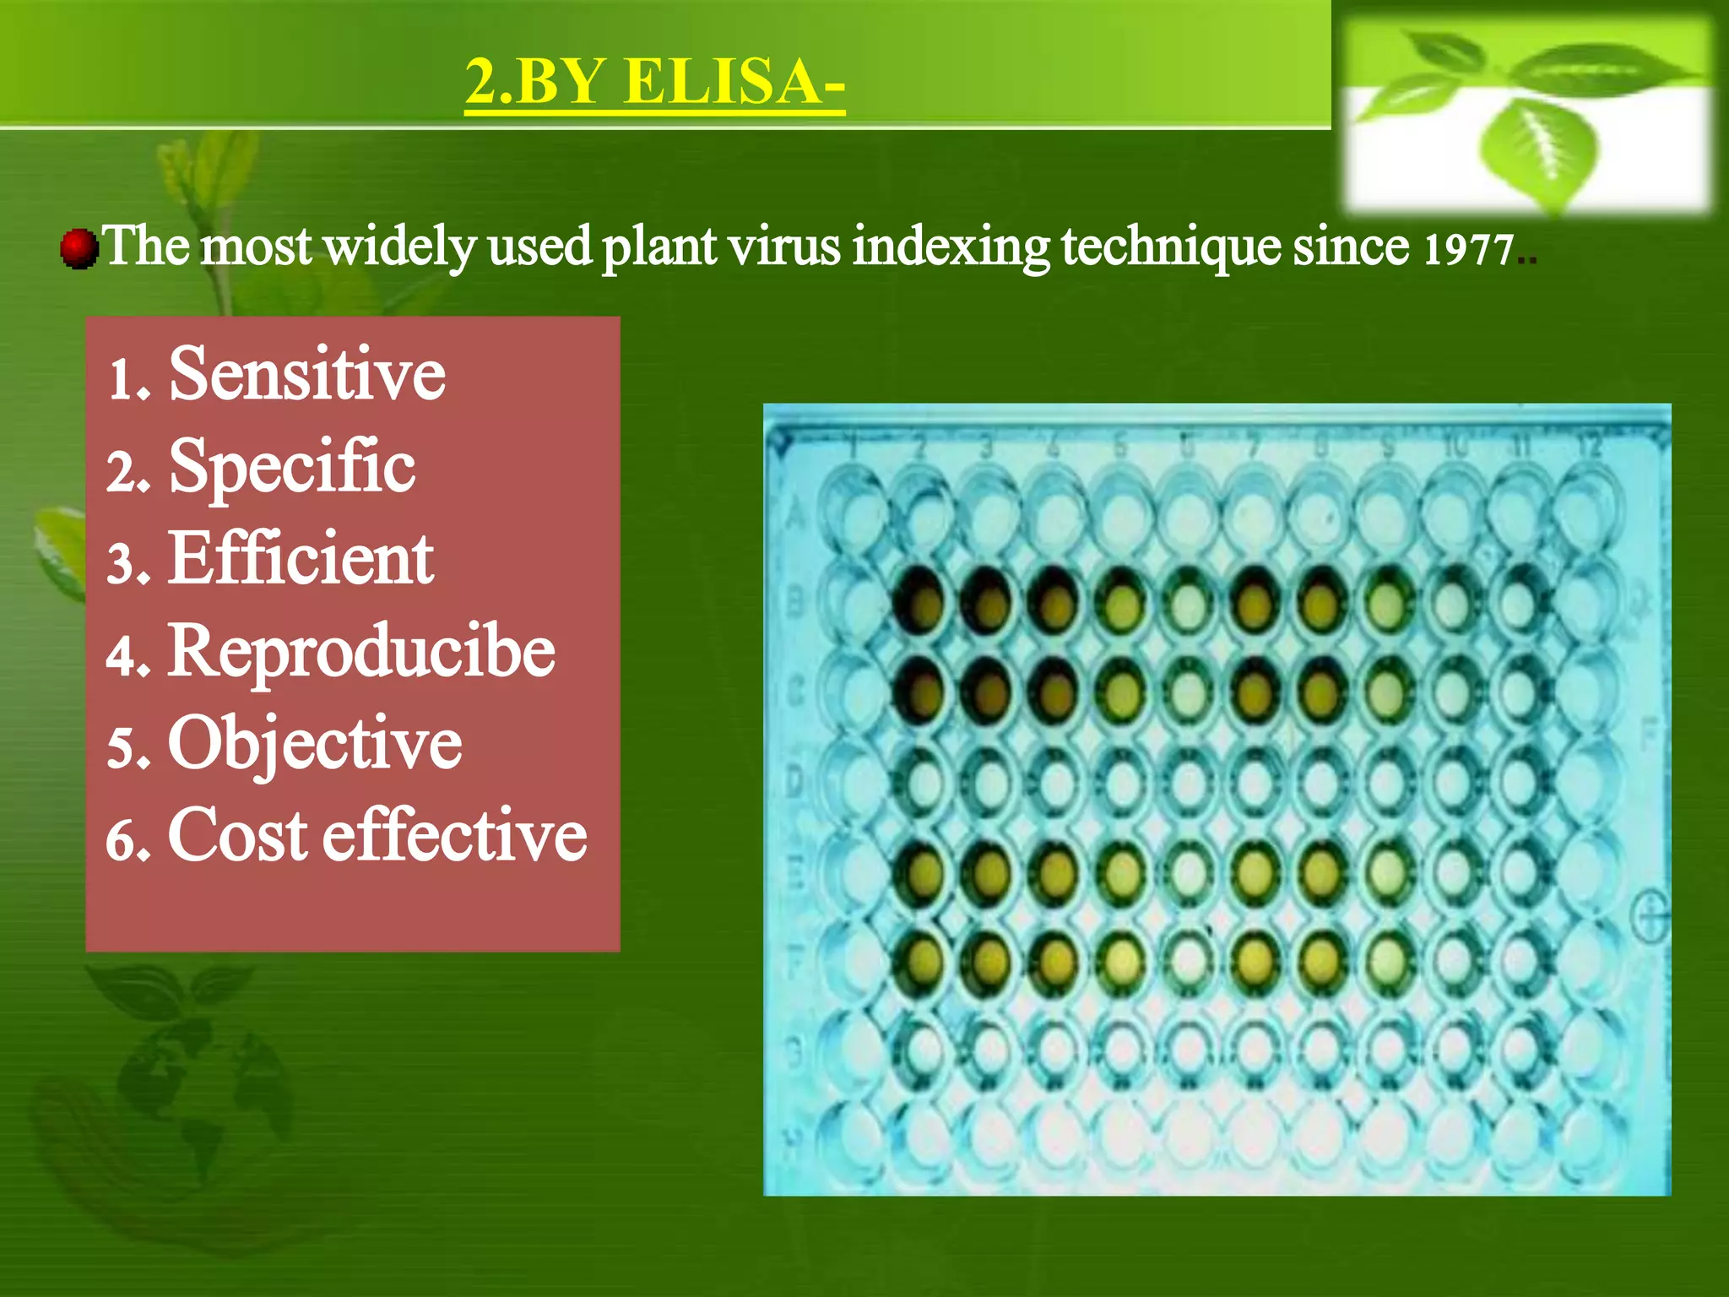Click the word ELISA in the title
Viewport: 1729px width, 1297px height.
[x=734, y=82]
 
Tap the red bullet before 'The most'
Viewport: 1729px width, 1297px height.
[x=79, y=248]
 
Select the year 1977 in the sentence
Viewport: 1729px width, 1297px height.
[x=1467, y=251]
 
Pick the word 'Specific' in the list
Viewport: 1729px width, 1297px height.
[x=292, y=466]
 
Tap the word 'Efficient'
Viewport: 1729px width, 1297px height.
[x=301, y=558]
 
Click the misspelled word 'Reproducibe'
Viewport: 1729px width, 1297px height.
[x=361, y=651]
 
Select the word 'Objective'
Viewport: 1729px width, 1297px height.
[x=314, y=743]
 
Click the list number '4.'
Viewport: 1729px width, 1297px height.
[x=128, y=656]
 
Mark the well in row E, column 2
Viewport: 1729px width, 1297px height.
[x=923, y=870]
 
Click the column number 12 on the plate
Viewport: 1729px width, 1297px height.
[x=1589, y=446]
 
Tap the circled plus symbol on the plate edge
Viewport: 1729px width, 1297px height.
[x=1652, y=917]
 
